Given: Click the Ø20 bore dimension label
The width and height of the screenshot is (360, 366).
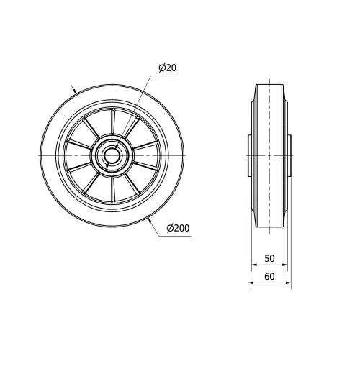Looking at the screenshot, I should [x=167, y=68].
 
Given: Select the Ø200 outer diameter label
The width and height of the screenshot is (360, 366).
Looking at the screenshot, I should [x=177, y=229].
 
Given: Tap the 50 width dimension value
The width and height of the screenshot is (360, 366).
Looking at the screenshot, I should [x=269, y=258].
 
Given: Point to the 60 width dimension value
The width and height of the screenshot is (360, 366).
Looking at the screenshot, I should [x=269, y=276].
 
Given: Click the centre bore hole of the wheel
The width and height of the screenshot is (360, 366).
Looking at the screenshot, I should [x=112, y=155].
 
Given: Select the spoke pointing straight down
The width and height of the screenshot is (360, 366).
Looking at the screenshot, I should [x=112, y=191].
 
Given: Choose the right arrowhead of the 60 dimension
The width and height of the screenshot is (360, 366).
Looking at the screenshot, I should [x=289, y=283].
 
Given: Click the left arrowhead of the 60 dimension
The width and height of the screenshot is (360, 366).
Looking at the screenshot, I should [x=251, y=283].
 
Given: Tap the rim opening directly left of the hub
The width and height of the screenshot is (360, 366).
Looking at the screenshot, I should [x=78, y=155].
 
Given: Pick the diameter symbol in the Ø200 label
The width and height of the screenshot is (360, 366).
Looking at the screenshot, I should [x=169, y=229].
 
